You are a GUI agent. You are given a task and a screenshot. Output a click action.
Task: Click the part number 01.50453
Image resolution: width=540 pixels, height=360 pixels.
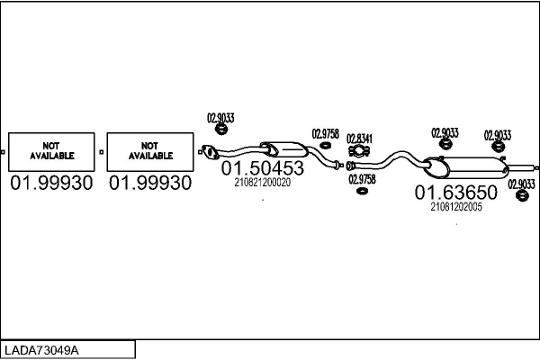tap(262, 168)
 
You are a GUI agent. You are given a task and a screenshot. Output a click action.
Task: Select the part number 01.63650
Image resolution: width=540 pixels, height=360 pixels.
tap(455, 193)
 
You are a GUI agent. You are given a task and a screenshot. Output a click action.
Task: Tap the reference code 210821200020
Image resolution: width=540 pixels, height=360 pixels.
tap(262, 182)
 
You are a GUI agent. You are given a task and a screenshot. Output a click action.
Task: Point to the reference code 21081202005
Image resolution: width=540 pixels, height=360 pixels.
tap(456, 206)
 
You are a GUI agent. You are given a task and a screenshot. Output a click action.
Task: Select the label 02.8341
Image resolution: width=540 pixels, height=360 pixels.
tap(359, 138)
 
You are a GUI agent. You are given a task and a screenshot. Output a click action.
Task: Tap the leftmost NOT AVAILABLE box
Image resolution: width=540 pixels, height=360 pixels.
tap(51, 151)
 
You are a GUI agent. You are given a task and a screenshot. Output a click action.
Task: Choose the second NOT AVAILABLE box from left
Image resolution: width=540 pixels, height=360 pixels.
tap(149, 151)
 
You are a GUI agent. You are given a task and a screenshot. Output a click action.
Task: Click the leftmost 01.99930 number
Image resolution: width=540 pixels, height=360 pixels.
tap(51, 184)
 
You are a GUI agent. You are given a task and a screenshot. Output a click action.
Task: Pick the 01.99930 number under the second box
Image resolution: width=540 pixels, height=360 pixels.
tap(150, 184)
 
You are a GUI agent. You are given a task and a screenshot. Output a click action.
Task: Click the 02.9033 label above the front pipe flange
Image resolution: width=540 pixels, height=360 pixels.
tap(220, 116)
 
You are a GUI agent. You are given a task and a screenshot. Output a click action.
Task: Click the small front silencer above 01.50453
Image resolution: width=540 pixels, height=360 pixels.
tap(282, 149)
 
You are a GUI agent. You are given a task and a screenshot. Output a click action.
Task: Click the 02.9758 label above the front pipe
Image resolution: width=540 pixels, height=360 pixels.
tap(325, 134)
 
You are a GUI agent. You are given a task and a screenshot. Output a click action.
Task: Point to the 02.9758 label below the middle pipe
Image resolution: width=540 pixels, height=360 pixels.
tap(362, 178)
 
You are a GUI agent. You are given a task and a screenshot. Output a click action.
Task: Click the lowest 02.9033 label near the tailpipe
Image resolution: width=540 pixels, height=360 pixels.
tap(521, 184)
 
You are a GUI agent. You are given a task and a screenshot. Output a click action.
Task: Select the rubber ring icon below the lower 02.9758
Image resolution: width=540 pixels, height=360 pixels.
tap(362, 190)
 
